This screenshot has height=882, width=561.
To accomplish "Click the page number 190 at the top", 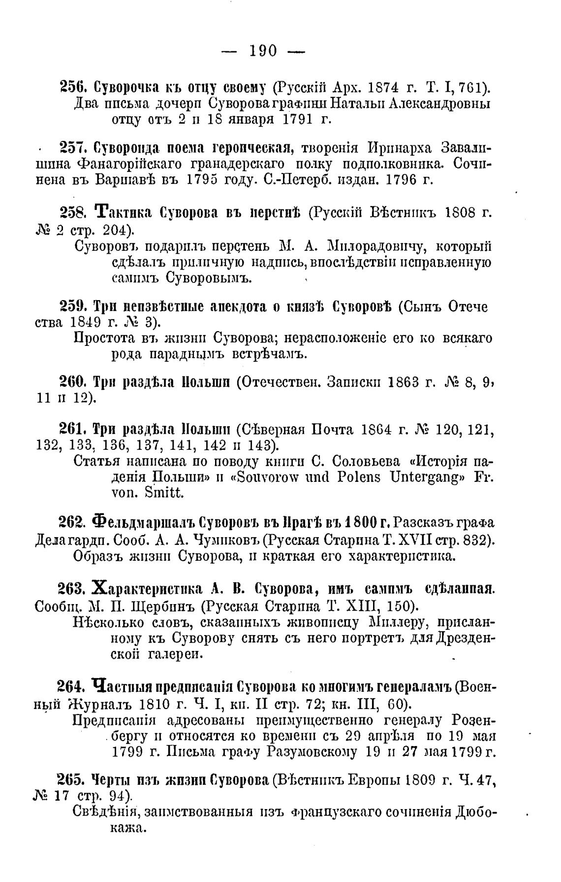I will click(263, 50).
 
